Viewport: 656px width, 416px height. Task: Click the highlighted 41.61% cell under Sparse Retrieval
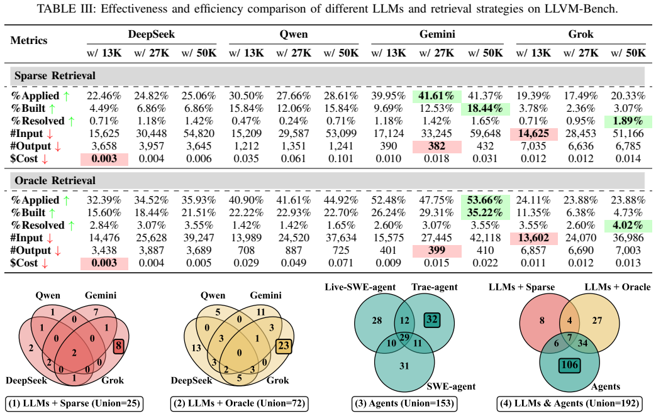[x=436, y=96]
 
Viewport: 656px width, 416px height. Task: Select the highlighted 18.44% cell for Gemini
[x=486, y=108]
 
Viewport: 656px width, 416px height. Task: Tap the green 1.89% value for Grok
[x=628, y=121]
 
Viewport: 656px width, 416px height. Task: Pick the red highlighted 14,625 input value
[x=533, y=133]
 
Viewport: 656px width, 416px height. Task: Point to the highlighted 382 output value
[x=436, y=146]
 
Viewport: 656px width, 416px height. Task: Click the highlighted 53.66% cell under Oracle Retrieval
[x=486, y=200]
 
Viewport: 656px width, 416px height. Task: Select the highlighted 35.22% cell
[x=486, y=213]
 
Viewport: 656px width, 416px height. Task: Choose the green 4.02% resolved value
[x=628, y=226]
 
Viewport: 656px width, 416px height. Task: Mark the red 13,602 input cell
[x=533, y=238]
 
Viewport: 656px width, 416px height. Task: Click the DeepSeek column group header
[x=152, y=35]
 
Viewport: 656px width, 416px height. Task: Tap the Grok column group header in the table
[x=581, y=35]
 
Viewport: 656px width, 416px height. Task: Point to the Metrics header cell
[x=29, y=41]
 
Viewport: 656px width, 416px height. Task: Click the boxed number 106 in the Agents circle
[x=569, y=365]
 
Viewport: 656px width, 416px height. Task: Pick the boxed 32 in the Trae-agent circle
[x=431, y=320]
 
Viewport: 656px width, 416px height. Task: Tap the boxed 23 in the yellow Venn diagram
[x=283, y=346]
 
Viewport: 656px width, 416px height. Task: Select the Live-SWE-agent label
[x=360, y=287]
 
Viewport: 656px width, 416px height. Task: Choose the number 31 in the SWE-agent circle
[x=404, y=366]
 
